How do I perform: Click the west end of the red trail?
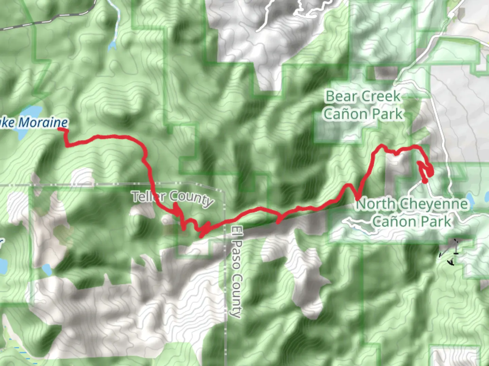click(61, 129)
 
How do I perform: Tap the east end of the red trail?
click(424, 182)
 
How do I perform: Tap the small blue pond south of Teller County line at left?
click(47, 270)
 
